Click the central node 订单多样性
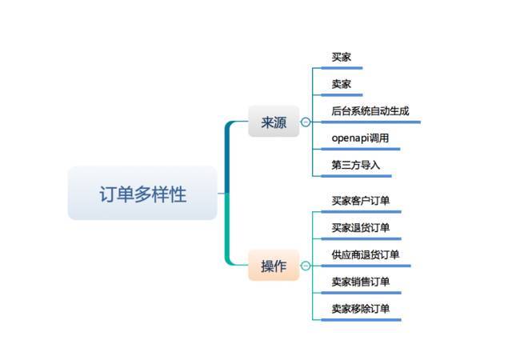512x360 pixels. point(142,193)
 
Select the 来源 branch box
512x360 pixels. point(274,121)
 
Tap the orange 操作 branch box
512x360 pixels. point(274,266)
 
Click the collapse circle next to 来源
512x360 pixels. point(306,122)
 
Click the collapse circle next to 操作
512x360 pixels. point(306,266)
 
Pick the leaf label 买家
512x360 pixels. point(342,57)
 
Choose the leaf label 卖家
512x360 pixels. point(342,84)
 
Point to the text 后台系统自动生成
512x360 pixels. point(370,111)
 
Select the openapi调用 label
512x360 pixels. point(360,138)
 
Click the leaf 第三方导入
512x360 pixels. point(355,165)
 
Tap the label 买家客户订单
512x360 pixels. point(361,201)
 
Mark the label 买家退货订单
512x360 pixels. point(361,228)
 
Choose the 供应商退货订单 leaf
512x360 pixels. point(366,254)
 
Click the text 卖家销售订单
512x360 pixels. point(361,282)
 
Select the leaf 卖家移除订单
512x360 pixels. point(361,309)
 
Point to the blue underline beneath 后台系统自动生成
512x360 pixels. point(371,122)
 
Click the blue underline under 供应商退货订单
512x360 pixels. point(366,266)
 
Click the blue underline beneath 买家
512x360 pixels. point(342,68)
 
